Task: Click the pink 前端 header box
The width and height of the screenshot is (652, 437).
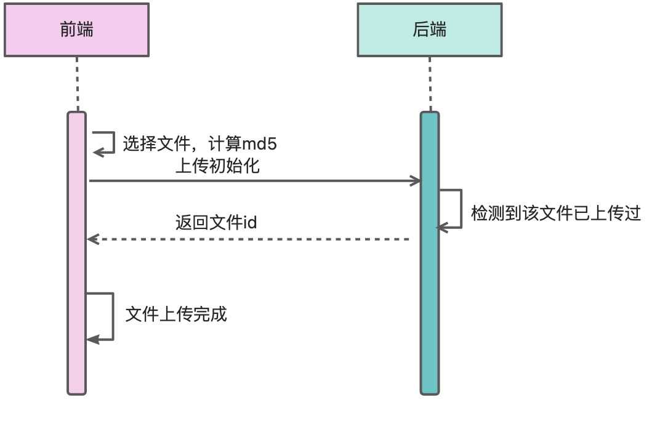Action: (x=76, y=30)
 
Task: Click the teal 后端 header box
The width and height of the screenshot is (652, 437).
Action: (x=429, y=30)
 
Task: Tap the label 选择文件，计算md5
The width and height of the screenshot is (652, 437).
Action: (x=199, y=145)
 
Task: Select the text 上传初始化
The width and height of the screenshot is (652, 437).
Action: (x=217, y=167)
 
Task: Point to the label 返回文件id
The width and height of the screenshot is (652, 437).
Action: (x=215, y=222)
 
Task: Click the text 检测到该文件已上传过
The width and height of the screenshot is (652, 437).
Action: (x=556, y=214)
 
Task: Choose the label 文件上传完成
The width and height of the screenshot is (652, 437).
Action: (x=176, y=315)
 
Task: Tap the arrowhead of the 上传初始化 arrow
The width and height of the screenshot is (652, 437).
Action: (x=416, y=181)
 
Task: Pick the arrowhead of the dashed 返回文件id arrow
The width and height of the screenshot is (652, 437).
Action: (x=93, y=239)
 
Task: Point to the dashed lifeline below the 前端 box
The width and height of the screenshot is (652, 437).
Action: (x=77, y=84)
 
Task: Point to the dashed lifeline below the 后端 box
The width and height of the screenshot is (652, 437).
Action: (x=430, y=84)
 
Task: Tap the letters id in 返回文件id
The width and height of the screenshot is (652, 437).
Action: (x=249, y=222)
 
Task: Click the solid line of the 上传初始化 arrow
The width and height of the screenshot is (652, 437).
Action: (x=246, y=181)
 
